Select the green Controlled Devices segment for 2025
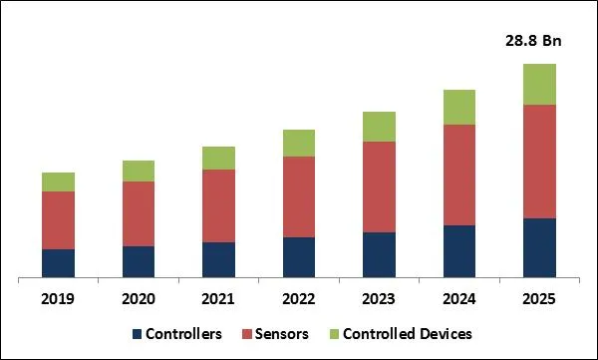539,84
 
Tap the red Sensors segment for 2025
539,161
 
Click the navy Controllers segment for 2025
539,247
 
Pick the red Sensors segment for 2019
58,220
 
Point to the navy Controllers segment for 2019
58,263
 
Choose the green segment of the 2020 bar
139,171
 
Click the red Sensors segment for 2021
218,205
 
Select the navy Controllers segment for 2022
299,257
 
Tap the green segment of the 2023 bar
379,127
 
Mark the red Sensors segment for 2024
459,175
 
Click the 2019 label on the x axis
58,298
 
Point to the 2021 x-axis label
218,298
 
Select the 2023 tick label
379,298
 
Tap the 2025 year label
539,298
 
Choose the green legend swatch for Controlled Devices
333,334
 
